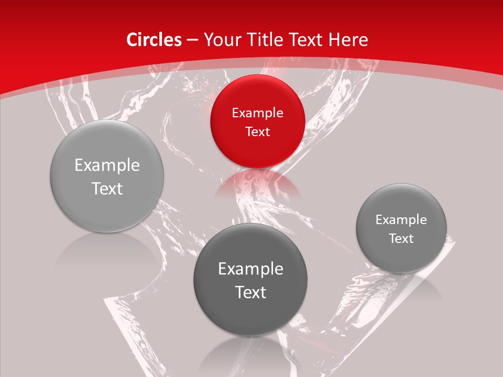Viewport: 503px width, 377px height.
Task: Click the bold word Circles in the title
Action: (x=154, y=40)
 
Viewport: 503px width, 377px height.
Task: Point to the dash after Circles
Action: (x=192, y=40)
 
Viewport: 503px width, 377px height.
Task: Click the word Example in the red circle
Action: (x=257, y=113)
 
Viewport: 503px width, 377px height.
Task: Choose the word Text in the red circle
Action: (x=257, y=131)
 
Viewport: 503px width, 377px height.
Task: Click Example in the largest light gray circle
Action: (x=107, y=165)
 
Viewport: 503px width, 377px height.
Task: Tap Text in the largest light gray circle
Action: (x=107, y=188)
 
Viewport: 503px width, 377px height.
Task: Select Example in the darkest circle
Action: (x=250, y=269)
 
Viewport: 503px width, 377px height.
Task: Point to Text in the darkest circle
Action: (x=250, y=292)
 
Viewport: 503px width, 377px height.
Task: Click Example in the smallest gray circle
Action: (x=401, y=220)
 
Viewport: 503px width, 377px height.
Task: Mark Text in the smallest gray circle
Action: (x=401, y=239)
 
